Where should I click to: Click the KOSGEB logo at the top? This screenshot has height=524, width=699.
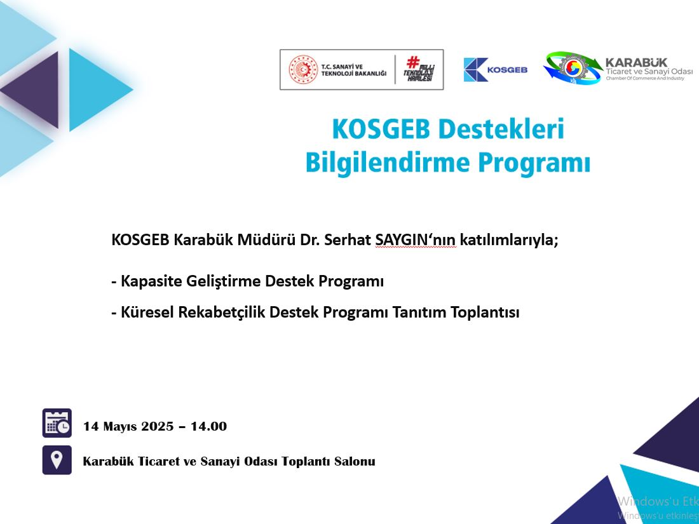[495, 69]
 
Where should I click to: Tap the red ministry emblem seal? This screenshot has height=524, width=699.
[303, 69]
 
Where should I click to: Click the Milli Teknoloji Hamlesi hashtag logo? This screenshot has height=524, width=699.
[418, 69]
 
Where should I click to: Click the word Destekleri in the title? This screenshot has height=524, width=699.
[501, 129]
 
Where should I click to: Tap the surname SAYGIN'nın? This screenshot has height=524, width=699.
[416, 239]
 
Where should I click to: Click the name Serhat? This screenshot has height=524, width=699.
[347, 239]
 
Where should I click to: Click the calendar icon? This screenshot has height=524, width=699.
[57, 423]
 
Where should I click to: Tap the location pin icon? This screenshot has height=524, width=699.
[57, 460]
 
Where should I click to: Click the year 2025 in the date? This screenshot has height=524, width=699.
[158, 426]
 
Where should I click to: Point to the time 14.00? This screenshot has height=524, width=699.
[208, 426]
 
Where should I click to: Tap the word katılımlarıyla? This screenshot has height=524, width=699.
[508, 240]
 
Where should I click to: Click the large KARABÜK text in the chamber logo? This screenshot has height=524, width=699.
[636, 63]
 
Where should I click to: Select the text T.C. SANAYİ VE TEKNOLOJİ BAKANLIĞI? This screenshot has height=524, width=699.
[354, 70]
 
